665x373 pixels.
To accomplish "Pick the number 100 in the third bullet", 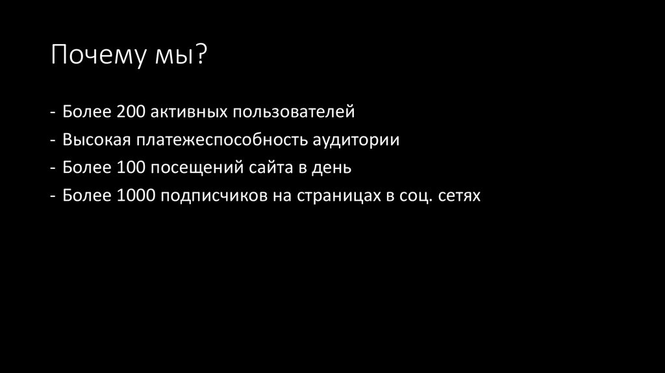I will click(x=132, y=168).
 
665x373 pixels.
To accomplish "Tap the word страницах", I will click(x=335, y=196).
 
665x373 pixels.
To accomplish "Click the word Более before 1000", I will click(x=86, y=196).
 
